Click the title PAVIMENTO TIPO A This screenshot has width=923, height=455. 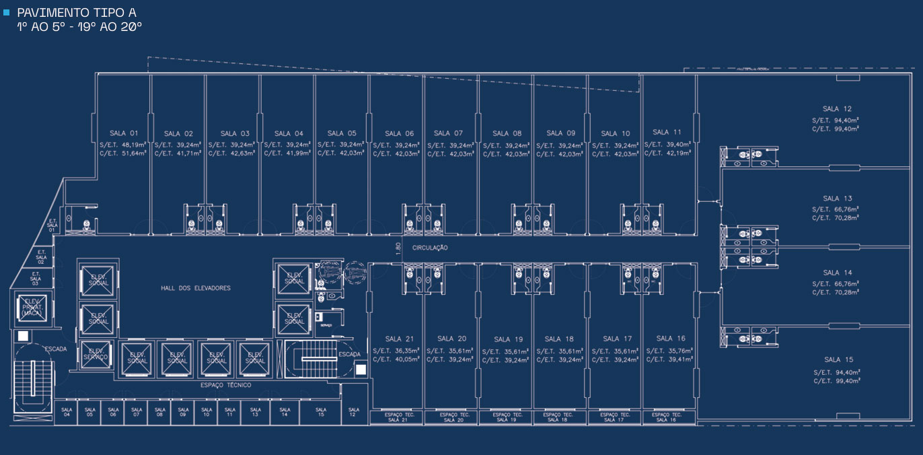(76, 13)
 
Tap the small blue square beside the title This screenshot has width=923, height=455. (7, 11)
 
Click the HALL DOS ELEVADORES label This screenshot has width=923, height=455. (195, 288)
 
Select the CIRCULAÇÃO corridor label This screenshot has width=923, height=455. (430, 248)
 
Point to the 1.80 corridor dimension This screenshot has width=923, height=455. (398, 248)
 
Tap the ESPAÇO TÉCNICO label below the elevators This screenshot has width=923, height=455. (225, 385)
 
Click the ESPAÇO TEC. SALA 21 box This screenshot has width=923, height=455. (397, 417)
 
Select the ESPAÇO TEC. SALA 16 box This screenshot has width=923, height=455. (668, 417)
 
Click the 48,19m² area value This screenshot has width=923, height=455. (133, 145)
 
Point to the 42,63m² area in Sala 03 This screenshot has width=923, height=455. (242, 153)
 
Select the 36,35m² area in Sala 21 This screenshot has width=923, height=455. (406, 350)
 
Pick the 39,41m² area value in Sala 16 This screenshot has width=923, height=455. (679, 359)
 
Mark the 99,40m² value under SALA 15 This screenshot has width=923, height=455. (848, 381)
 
